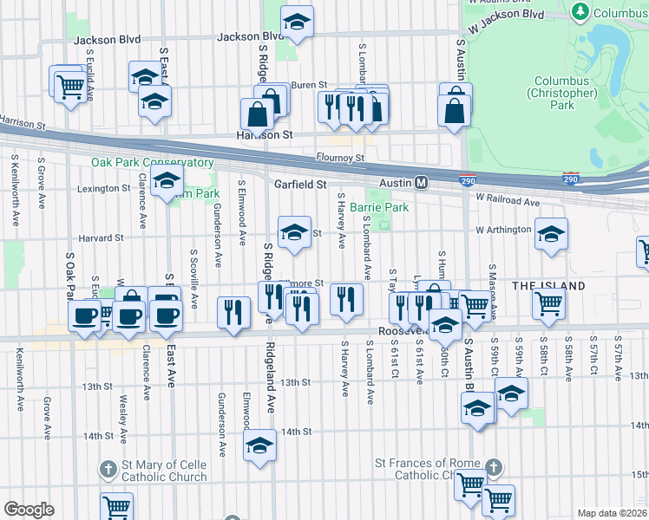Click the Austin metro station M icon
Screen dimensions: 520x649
(x=422, y=183)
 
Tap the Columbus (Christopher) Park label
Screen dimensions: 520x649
(x=562, y=93)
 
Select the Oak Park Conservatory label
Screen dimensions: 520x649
(x=153, y=162)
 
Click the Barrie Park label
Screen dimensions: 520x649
(x=379, y=208)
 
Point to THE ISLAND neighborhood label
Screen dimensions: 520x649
(x=548, y=285)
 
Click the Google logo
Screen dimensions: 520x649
(x=29, y=509)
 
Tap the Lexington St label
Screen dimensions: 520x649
(x=103, y=188)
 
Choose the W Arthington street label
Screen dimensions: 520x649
(x=502, y=230)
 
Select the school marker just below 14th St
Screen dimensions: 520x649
(x=258, y=446)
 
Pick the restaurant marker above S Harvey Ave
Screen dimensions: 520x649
(x=346, y=299)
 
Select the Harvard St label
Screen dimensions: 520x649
(x=101, y=237)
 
